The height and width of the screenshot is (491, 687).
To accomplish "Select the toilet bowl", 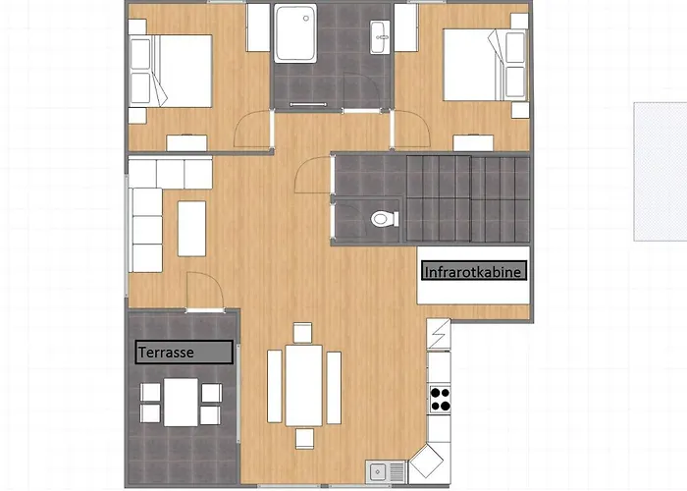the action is (x=385, y=218).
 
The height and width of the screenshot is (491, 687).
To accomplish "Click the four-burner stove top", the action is (x=440, y=399).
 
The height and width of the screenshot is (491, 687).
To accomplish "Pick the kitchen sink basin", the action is (x=377, y=472).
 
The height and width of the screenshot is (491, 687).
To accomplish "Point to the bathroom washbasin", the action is (x=380, y=37).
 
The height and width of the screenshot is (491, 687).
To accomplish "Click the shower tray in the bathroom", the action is (x=295, y=33).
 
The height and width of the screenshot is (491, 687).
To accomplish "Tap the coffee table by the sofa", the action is (x=191, y=229).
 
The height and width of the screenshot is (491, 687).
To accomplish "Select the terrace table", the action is (x=181, y=402).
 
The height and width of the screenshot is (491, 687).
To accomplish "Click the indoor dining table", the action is (x=303, y=385).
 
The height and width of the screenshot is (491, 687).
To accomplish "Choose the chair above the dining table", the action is (x=302, y=333).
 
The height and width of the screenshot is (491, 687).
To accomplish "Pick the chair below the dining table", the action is (x=304, y=439).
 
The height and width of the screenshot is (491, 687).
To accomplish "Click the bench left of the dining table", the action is (x=274, y=386).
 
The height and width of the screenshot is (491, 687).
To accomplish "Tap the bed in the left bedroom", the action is (x=171, y=71).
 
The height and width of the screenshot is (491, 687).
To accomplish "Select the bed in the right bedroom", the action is (x=486, y=65).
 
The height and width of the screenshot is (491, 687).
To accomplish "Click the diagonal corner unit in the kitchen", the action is (x=426, y=462).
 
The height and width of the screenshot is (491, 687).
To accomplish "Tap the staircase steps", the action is (x=468, y=198).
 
